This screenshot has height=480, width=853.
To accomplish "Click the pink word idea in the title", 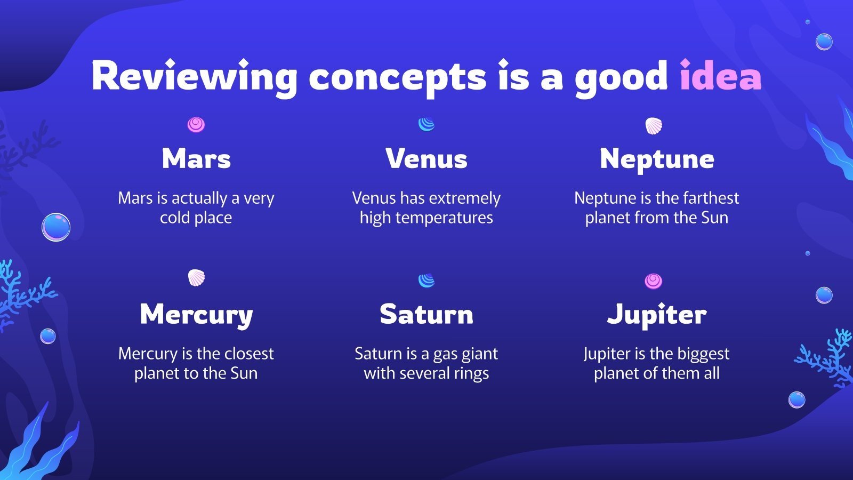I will point(720,77).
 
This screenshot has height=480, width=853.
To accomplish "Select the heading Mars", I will point(196,158).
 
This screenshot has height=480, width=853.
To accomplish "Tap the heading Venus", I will point(426,158).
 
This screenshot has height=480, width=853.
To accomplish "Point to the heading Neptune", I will point(657,159).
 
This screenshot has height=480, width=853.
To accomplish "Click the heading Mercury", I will point(196,315).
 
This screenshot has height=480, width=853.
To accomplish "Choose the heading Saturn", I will point(426,314).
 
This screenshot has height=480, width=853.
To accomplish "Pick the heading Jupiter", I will point(657,315).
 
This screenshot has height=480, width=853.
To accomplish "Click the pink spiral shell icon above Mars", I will point(196,125).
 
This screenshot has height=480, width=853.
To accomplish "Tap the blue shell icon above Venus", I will point(426,124).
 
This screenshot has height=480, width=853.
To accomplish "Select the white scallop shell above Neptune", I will point(654,126).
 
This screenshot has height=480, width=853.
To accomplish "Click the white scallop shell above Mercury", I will point(196,277).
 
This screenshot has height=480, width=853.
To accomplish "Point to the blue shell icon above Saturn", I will point(426,281).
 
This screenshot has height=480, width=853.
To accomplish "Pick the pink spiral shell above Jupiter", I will point(654,281).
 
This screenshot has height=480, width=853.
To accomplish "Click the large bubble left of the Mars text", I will point(56,227).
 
